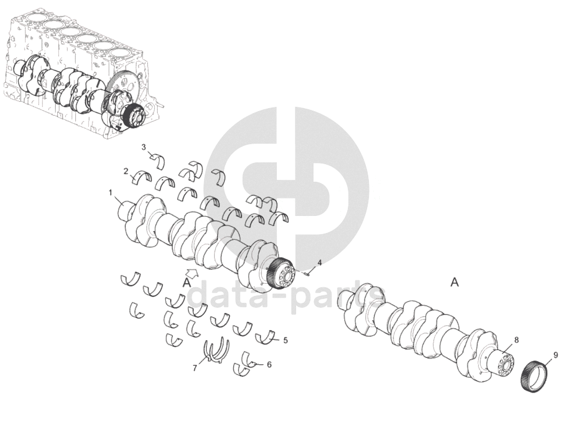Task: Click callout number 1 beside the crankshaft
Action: pos(111,192)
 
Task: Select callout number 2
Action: pos(126,171)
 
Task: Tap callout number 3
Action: pos(143,147)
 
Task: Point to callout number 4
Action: pos(320,263)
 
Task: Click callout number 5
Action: pos(286,340)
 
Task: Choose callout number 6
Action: pos(269,365)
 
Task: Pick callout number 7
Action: pos(195,368)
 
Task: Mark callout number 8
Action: pos(516,340)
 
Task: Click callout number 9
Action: pos(555,355)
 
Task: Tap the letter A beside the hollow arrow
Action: pos(186,283)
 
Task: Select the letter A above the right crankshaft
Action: pos(454,282)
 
